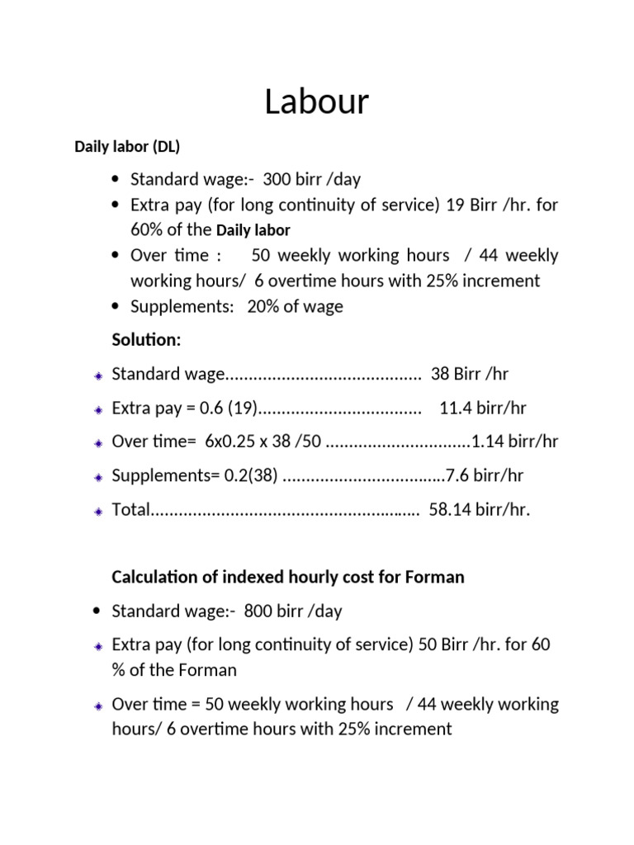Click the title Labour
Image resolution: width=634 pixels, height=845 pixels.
[x=317, y=103]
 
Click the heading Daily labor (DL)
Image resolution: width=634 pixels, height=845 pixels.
[x=127, y=147]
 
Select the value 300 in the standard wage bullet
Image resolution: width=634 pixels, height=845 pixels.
[x=277, y=180]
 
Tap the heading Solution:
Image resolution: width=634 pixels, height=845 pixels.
[x=145, y=340]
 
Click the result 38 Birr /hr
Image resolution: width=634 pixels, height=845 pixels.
[x=470, y=374]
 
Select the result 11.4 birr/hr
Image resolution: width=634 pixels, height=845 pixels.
[x=483, y=408]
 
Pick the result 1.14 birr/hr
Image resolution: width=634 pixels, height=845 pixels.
[x=514, y=441]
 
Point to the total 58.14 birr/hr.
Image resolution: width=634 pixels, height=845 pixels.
[x=480, y=509]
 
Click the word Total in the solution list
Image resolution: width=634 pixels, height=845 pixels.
[x=130, y=509]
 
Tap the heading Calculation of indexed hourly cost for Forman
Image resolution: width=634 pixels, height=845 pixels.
[x=288, y=577]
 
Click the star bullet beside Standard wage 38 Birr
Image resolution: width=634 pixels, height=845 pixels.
[x=97, y=375]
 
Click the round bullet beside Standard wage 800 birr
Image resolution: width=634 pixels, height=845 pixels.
[x=97, y=611]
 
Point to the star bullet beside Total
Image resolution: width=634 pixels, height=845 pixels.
[x=97, y=511]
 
